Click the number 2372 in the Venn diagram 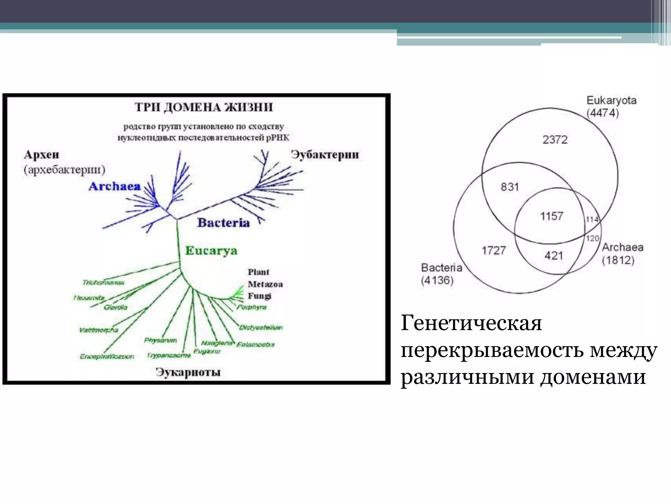555,140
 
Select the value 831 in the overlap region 509,187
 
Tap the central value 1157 552,216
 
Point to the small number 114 592,219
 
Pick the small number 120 592,238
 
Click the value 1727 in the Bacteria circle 493,251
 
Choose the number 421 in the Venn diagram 554,256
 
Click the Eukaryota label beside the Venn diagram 611,100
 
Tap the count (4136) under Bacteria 437,281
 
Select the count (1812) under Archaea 618,261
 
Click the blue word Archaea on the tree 114,186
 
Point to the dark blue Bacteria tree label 223,223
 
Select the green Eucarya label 211,251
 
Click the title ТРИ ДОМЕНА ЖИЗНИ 203,107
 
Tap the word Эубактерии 325,155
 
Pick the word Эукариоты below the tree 188,372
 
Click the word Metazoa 265,284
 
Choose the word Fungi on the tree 259,296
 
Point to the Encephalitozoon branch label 107,356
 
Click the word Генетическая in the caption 471,323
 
